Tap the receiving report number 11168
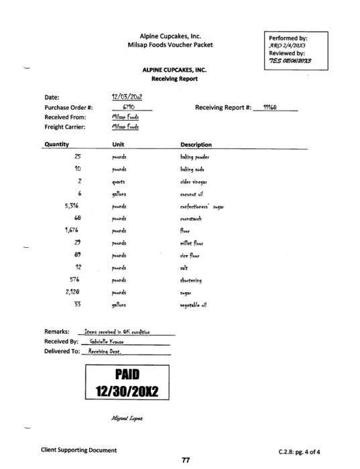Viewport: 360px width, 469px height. click(x=271, y=107)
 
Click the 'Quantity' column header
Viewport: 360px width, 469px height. click(x=58, y=144)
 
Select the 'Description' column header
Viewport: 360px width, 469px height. click(x=196, y=144)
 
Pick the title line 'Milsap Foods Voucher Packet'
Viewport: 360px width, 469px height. click(x=170, y=45)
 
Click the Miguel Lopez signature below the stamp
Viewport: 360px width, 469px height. click(x=128, y=415)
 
